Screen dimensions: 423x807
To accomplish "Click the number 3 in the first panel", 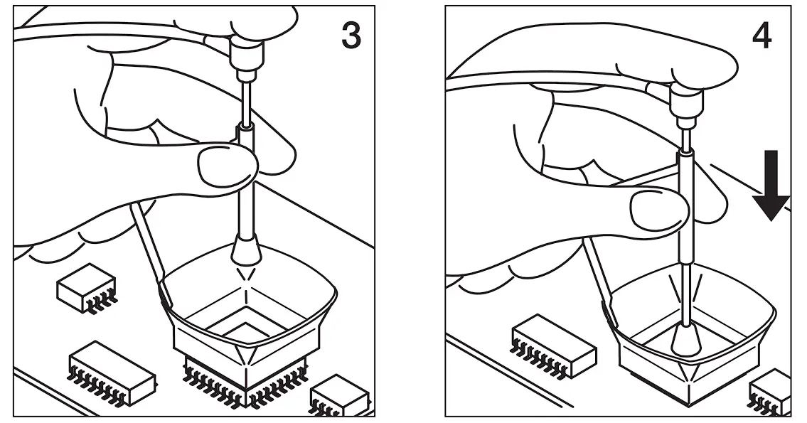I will (x=351, y=35).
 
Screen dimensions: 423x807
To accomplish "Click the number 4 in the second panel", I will (x=761, y=35).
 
